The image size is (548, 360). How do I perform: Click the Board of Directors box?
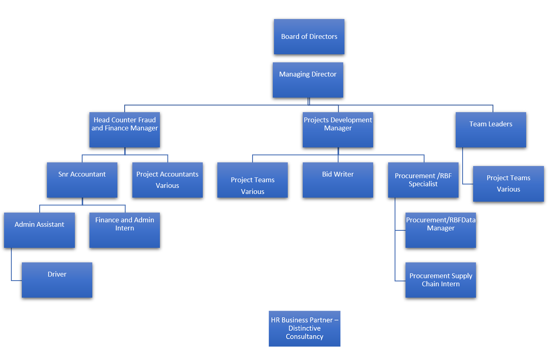point(309,36)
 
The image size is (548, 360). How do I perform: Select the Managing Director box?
point(308,80)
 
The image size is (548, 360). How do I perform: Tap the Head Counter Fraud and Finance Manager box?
point(124,130)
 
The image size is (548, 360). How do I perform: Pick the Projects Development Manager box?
point(338,130)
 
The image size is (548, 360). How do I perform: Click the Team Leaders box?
point(491,130)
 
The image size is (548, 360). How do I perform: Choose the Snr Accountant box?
point(82,180)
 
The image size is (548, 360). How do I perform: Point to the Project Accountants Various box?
point(167,180)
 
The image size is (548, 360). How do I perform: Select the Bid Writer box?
point(338,180)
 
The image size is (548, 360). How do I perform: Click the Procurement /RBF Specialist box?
point(423,180)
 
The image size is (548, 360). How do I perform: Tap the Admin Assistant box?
point(39,230)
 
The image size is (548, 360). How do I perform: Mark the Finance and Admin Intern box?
point(124,230)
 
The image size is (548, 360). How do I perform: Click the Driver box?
point(57,280)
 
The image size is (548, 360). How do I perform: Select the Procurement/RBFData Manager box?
point(440,230)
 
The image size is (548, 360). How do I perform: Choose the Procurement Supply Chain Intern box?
point(440,280)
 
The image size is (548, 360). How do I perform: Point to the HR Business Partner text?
point(304,320)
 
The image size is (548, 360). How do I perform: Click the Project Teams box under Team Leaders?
point(508,183)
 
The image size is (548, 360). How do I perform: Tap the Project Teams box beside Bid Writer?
point(252,180)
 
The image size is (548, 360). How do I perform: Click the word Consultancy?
point(304,337)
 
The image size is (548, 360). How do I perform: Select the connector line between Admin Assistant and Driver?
point(11,265)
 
